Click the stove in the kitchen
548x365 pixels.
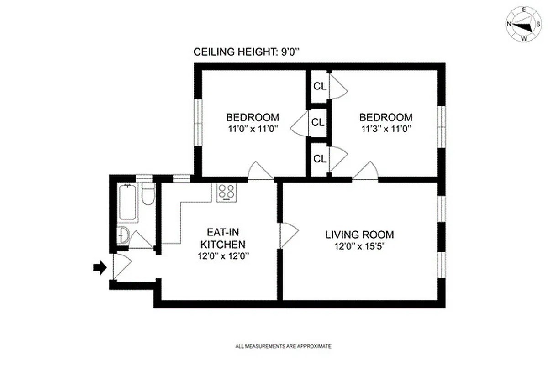(x=226, y=192)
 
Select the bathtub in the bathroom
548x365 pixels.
(x=127, y=203)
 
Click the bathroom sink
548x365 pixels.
(x=123, y=235)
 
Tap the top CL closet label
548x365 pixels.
(x=320, y=86)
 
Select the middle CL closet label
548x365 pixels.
(x=318, y=122)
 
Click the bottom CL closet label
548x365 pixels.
(x=320, y=159)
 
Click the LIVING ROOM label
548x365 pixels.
(x=359, y=235)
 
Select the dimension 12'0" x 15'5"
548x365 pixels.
(x=359, y=247)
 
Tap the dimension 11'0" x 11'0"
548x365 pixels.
(x=253, y=129)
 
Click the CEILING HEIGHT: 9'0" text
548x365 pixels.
(x=247, y=52)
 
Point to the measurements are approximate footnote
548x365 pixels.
(x=283, y=346)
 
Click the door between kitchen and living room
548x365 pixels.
(x=288, y=235)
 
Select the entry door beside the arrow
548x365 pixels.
(x=121, y=266)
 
